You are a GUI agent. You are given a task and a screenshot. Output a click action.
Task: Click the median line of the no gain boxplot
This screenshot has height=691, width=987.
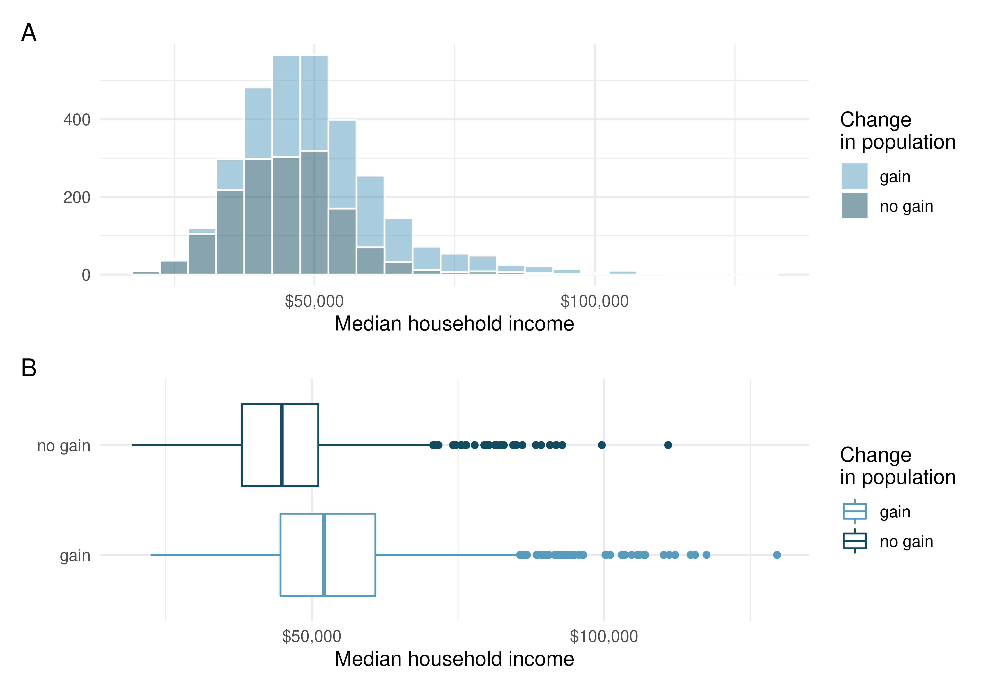(282, 445)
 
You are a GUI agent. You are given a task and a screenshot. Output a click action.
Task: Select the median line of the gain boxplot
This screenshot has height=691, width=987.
(324, 555)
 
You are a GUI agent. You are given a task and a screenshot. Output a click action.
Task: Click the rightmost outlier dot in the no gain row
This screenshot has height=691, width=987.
(668, 445)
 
